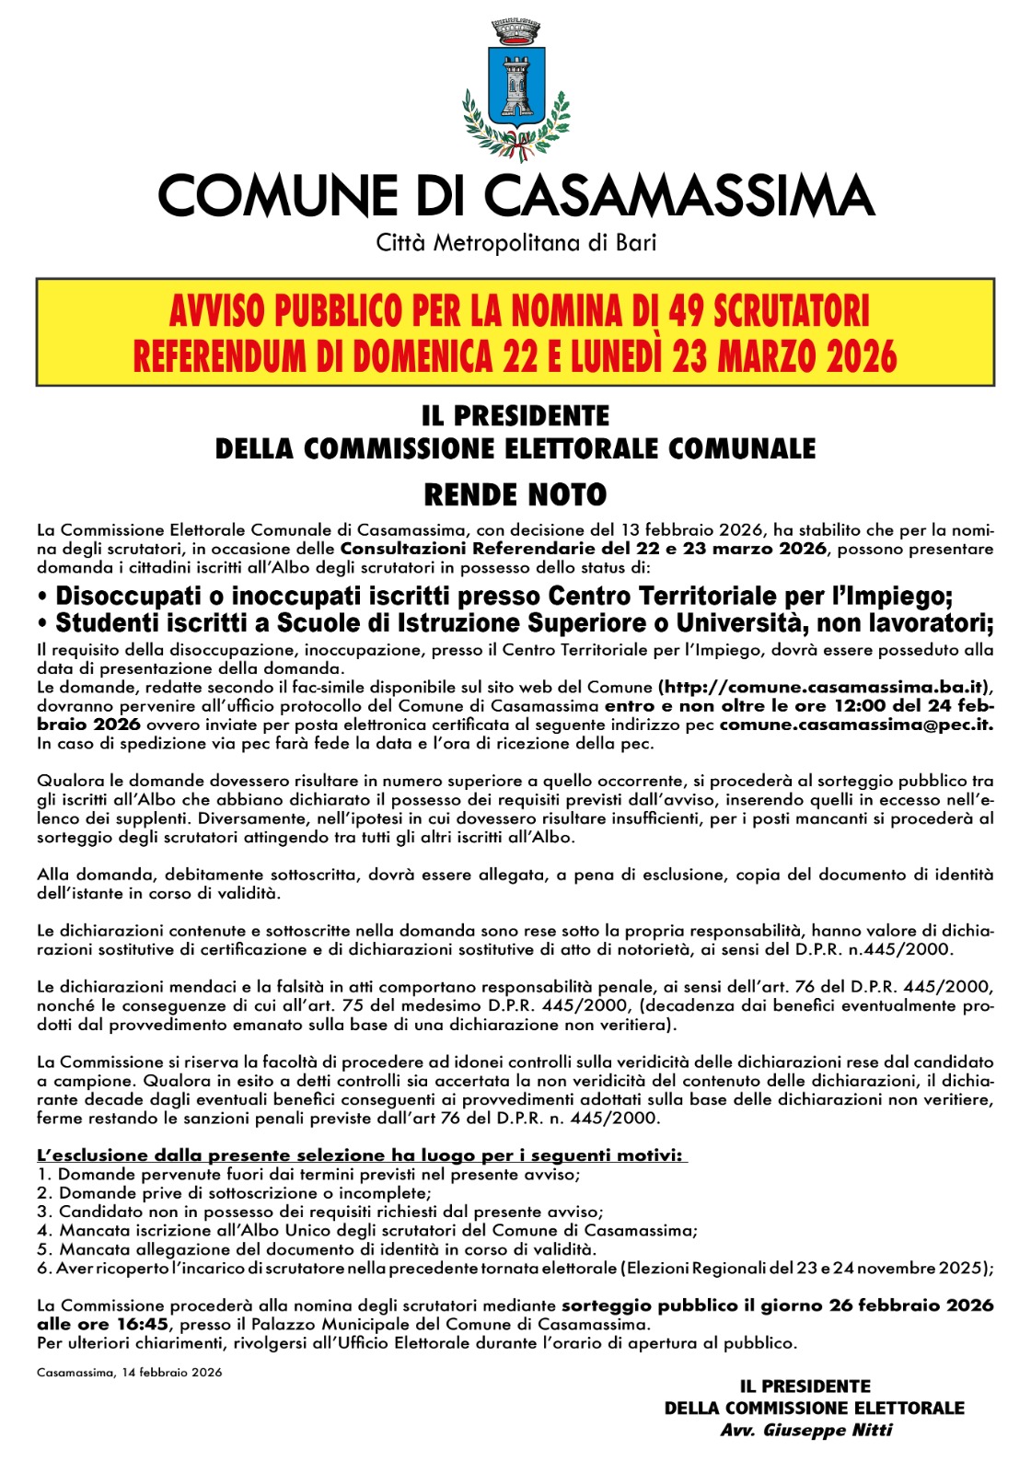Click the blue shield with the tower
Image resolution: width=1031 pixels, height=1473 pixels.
515,85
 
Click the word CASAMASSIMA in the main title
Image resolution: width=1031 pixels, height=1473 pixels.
678,196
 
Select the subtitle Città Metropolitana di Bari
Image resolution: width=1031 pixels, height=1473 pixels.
515,244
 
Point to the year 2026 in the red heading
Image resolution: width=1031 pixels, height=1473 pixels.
862,356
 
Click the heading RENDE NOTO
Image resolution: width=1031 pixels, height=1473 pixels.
515,495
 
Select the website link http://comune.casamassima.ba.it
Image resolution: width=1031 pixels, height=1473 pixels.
821,687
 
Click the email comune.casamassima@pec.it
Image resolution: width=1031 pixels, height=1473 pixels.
855,725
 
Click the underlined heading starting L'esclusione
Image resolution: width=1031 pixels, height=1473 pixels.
361,1155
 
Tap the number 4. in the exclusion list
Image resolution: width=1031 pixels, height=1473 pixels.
44,1231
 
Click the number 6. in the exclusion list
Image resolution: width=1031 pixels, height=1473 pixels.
44,1269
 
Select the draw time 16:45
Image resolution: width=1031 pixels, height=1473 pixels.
141,1325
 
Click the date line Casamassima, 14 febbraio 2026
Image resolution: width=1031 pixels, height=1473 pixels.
130,1373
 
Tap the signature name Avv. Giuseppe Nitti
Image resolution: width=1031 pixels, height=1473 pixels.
806,1431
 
